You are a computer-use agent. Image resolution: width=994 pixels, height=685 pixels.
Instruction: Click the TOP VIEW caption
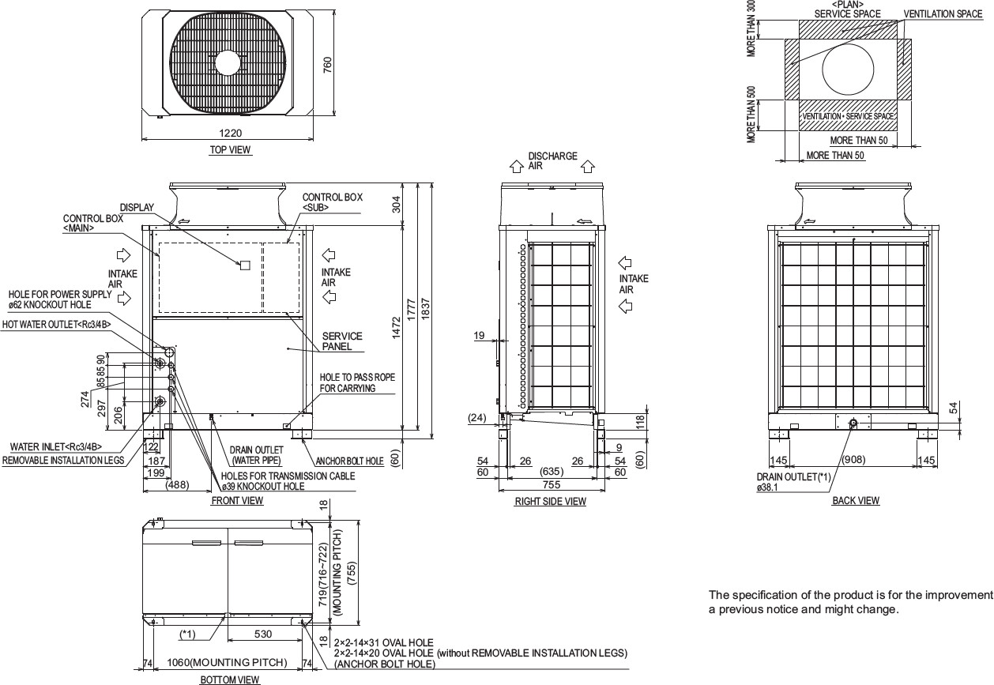230,149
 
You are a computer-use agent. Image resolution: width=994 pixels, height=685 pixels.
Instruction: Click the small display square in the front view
245,265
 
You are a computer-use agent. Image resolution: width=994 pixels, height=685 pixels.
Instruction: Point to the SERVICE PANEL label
342,341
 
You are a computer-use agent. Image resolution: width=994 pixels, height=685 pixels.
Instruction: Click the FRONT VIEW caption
237,500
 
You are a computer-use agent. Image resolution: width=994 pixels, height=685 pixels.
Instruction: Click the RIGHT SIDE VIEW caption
551,502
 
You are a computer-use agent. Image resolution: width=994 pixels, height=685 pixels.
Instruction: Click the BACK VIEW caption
856,500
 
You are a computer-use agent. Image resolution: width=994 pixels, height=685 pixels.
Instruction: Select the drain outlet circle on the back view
853,424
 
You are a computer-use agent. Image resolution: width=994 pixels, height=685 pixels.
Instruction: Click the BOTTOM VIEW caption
229,679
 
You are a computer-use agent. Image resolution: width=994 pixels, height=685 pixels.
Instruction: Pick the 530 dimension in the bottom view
265,634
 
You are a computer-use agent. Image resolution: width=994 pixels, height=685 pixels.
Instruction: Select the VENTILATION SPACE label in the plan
943,14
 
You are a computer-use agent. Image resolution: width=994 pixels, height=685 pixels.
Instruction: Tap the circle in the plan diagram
849,68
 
